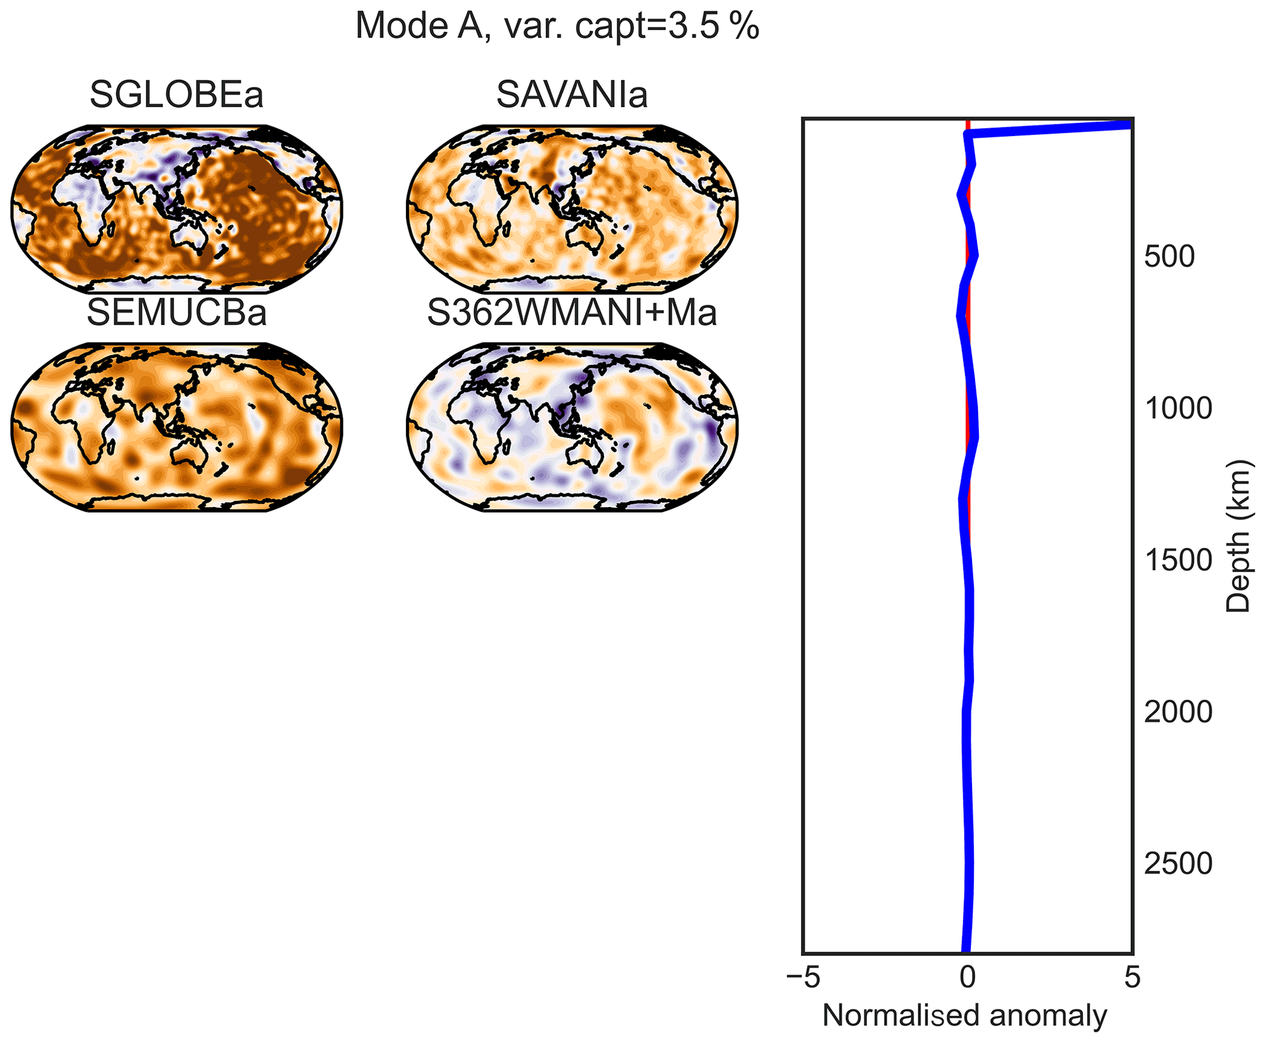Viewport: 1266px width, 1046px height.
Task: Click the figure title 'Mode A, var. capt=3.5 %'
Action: [x=557, y=27]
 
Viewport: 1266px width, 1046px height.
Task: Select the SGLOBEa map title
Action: [x=176, y=95]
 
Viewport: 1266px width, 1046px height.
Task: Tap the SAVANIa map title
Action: [x=571, y=95]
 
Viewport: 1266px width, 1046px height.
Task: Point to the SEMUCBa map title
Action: [x=176, y=312]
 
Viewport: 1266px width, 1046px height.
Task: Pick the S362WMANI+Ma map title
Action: [x=571, y=312]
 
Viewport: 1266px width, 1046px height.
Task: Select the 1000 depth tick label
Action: [x=1178, y=408]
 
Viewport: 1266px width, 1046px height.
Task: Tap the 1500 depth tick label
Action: [x=1178, y=560]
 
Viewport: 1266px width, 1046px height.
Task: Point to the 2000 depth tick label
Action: [x=1178, y=712]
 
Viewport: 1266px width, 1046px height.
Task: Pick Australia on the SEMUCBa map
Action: [x=190, y=456]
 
